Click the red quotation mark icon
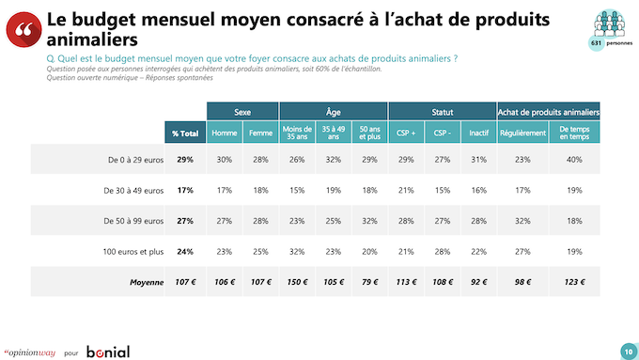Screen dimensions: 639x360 (x=23, y=29)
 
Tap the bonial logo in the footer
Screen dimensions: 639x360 (x=108, y=352)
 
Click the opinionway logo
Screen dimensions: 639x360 (x=30, y=352)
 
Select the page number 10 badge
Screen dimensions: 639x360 (x=629, y=352)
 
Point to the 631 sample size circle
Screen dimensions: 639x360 (x=597, y=43)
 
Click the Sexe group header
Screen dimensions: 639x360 (x=242, y=111)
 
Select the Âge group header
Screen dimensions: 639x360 (x=334, y=111)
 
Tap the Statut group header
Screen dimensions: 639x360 (x=443, y=111)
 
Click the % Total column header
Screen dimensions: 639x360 (x=185, y=133)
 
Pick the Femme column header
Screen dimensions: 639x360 (x=261, y=133)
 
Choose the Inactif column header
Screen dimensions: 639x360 (x=479, y=133)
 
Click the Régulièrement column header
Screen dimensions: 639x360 (x=522, y=133)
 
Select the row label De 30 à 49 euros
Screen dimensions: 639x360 (x=133, y=191)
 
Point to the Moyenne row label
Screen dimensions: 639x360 (x=147, y=282)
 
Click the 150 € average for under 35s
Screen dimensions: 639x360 (x=297, y=282)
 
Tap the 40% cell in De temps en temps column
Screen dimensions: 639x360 (x=574, y=160)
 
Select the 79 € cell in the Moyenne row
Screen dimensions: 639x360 (x=369, y=282)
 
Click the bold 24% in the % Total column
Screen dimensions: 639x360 (x=185, y=252)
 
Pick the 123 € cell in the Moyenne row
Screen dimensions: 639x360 (x=574, y=282)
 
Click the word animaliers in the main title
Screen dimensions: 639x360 (x=92, y=39)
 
